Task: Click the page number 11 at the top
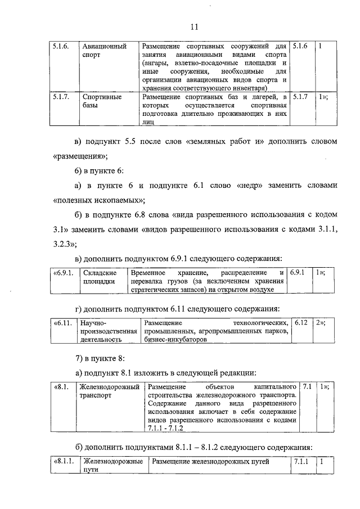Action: [194, 26]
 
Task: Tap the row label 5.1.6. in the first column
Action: [61, 46]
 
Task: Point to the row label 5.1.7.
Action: [61, 97]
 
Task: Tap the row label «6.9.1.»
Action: [63, 272]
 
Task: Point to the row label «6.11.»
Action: [62, 323]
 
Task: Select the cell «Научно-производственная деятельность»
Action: [108, 331]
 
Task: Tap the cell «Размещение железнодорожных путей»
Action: [210, 462]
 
